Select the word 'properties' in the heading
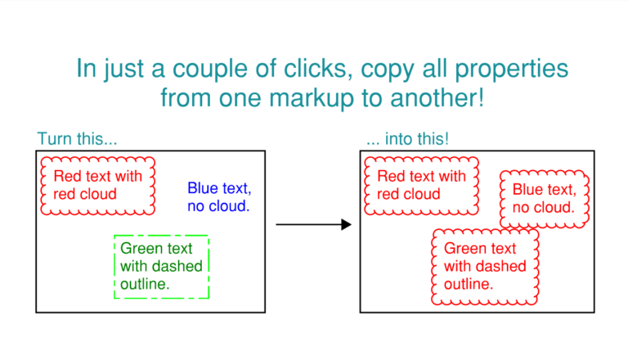click(x=511, y=70)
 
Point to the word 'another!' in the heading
click(x=437, y=97)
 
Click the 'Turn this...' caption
click(x=78, y=139)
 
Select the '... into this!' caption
click(x=408, y=139)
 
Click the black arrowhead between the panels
click(x=347, y=224)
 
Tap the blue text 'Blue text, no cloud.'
click(x=219, y=197)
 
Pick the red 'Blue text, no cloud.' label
click(x=545, y=199)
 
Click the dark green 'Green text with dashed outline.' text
click(x=161, y=266)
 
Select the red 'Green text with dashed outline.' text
click(x=485, y=266)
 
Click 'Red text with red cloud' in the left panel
click(x=98, y=185)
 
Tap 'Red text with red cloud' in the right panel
click(x=421, y=185)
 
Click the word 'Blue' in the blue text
click(x=202, y=188)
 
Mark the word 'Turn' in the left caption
click(x=55, y=139)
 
